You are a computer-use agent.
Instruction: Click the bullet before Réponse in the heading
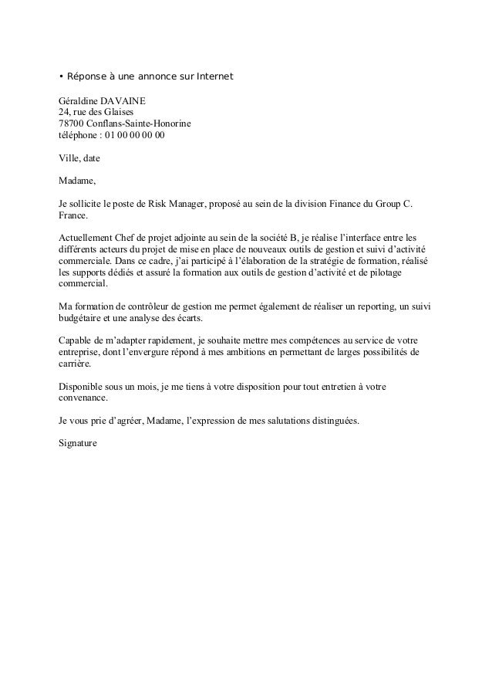pos(62,77)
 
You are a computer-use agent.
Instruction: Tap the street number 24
pos(65,113)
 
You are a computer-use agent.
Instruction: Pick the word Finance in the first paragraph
pos(350,204)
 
